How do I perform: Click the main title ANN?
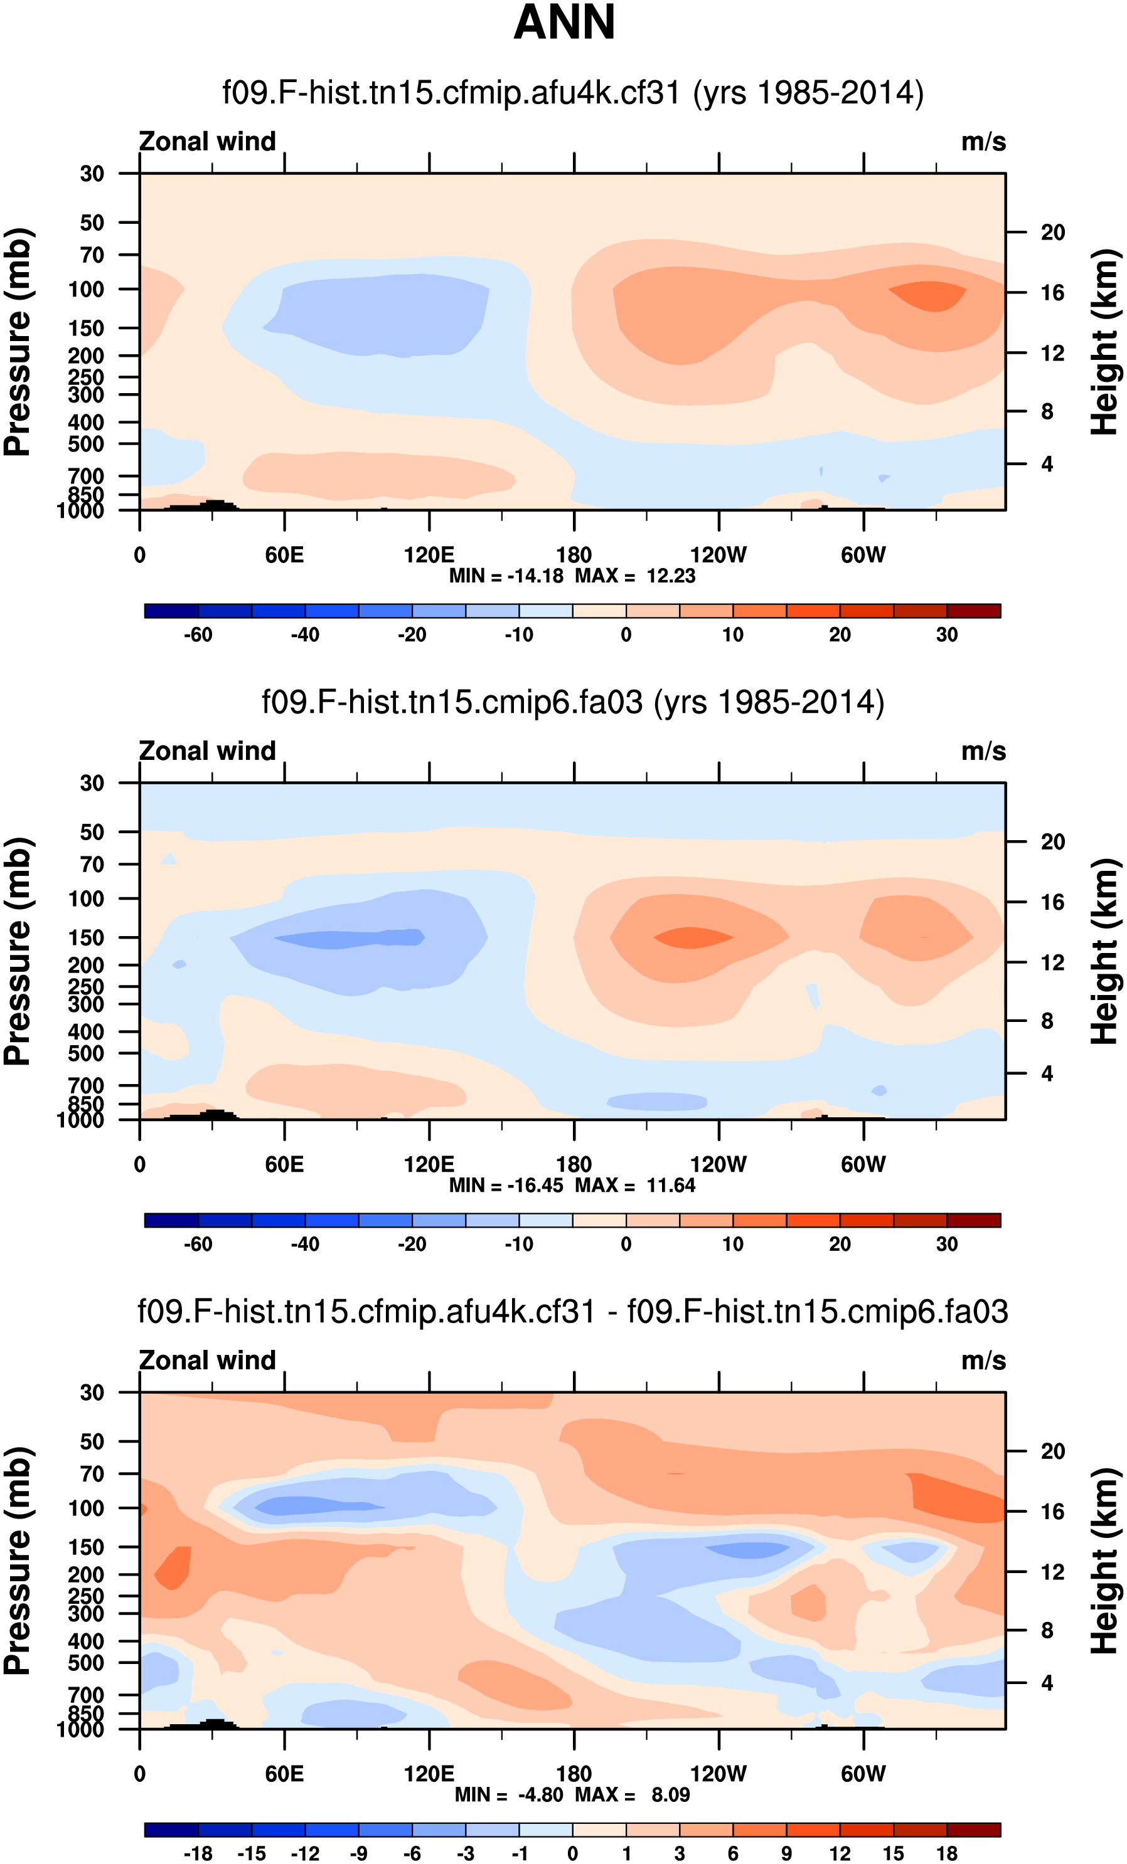tap(564, 23)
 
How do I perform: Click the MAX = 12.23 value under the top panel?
tap(635, 576)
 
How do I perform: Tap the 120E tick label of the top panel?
tap(429, 556)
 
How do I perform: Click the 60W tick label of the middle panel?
tap(863, 1164)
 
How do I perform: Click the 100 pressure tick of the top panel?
tap(87, 289)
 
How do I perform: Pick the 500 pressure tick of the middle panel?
tap(87, 1053)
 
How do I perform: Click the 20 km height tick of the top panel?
tap(1052, 232)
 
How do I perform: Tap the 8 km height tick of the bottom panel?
tap(1047, 1630)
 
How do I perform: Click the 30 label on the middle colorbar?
tap(947, 1244)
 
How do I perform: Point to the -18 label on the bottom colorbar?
tap(198, 1853)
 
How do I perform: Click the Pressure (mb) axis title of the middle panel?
tap(18, 951)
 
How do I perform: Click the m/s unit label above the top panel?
tap(983, 142)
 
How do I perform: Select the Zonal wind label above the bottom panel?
tap(207, 1360)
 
